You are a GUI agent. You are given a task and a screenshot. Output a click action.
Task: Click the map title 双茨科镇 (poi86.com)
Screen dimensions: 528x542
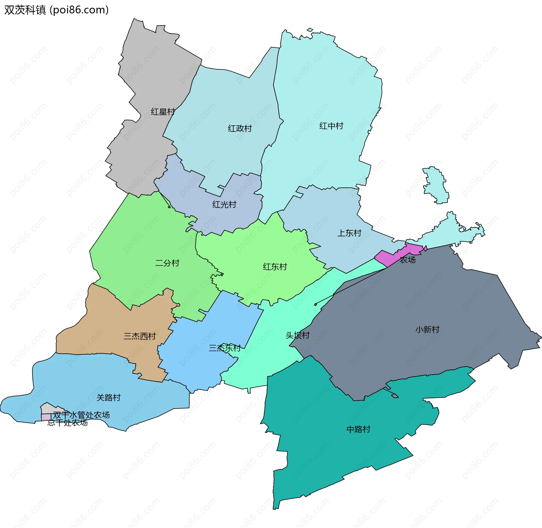tap(56, 10)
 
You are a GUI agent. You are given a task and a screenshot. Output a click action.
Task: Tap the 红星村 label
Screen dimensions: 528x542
tap(163, 112)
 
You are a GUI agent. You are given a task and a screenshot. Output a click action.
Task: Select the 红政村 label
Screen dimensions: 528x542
tap(240, 128)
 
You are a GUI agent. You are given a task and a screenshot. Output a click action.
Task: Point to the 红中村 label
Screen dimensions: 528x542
tap(331, 126)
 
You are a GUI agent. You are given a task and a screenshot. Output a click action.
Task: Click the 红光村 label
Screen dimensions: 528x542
tap(224, 204)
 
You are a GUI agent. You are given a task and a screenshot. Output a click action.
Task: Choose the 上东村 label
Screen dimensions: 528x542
tap(349, 233)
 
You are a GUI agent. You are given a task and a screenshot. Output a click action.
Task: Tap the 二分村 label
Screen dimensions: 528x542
tap(167, 263)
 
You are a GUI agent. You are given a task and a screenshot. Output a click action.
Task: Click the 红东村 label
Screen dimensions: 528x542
tap(275, 267)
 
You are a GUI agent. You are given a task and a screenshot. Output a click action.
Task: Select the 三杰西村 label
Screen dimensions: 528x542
tap(140, 336)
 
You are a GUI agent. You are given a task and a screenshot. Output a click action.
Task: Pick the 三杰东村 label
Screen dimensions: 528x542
tap(225, 348)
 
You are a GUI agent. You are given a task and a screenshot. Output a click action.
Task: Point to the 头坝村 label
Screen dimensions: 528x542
tap(298, 335)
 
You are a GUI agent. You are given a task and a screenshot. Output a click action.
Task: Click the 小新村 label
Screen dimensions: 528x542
tap(427, 329)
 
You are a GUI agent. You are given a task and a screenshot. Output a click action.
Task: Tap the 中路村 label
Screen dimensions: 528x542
tap(358, 429)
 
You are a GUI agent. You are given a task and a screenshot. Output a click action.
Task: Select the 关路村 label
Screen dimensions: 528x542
tap(108, 398)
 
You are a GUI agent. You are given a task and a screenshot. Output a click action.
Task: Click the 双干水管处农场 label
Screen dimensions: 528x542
tap(81, 415)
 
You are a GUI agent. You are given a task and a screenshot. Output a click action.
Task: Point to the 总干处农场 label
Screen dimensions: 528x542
tap(67, 423)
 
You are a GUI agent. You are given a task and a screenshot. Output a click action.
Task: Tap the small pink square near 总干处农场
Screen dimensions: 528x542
tap(46, 417)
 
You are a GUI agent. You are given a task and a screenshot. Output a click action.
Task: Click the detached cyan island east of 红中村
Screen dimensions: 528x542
tap(436, 185)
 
